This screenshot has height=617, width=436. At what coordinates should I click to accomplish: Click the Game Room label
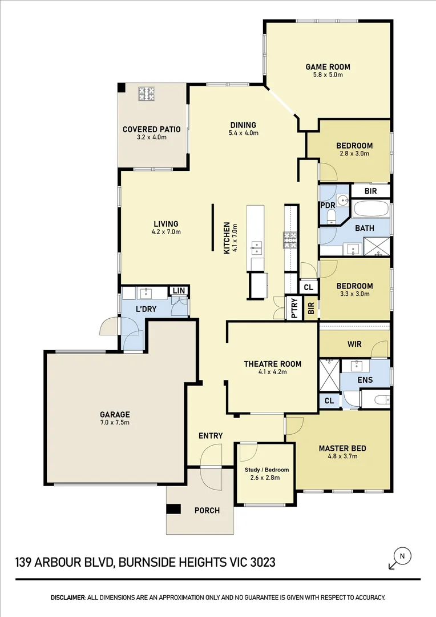[328, 67]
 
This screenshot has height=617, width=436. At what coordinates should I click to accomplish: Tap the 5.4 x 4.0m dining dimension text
[243, 134]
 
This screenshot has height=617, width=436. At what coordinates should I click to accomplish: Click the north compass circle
[402, 555]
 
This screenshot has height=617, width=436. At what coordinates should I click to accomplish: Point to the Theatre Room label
[272, 364]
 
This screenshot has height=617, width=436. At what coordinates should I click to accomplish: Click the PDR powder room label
[327, 205]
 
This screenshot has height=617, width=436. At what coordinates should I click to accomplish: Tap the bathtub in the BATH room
[371, 209]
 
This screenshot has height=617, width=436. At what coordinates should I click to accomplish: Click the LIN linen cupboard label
[179, 291]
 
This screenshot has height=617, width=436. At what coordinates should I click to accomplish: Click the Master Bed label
[342, 448]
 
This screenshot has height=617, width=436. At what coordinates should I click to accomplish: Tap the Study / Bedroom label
[267, 470]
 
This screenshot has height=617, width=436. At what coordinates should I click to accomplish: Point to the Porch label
[207, 510]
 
